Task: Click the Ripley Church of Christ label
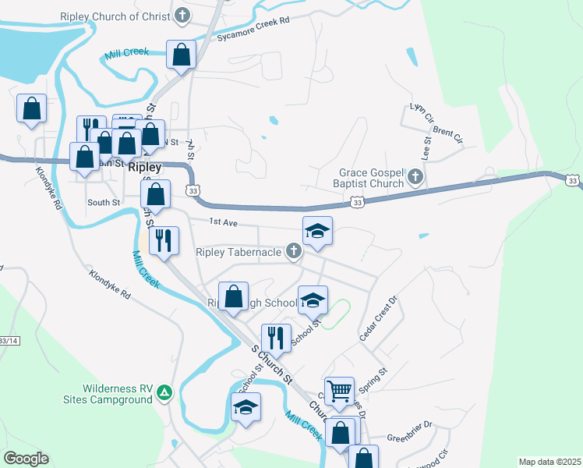(117, 16)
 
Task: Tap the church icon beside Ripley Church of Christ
(182, 15)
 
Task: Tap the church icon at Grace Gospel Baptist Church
(415, 179)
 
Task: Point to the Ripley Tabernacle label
(238, 252)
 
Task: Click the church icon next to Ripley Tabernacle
(294, 251)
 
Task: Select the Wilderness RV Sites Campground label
(117, 394)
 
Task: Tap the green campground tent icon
(164, 393)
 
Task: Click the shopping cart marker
(339, 392)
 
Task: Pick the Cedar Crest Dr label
(378, 318)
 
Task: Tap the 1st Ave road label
(223, 222)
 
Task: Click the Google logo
(26, 459)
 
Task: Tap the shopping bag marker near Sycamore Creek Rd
(181, 55)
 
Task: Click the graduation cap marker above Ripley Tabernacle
(317, 231)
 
